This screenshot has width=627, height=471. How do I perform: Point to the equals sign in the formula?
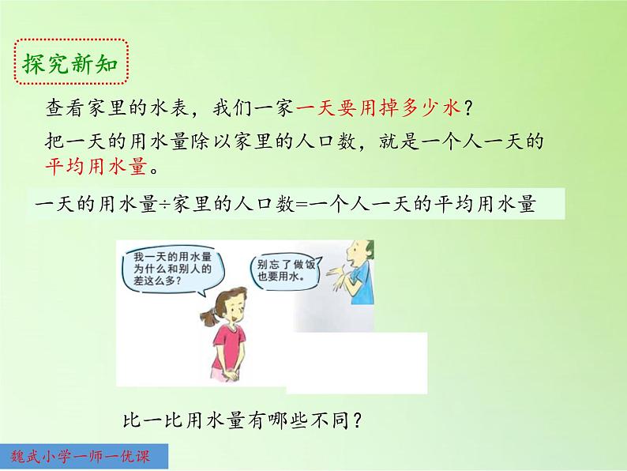304,205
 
